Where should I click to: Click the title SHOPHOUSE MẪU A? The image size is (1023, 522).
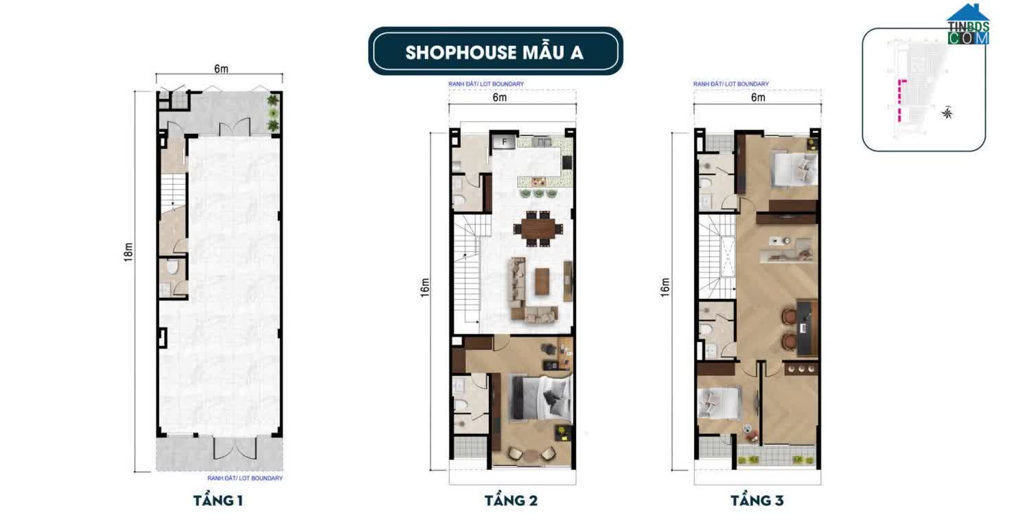pyautogui.click(x=494, y=52)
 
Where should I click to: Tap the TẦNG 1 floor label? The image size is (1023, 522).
pyautogui.click(x=218, y=500)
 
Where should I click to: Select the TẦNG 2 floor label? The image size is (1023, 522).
pyautogui.click(x=511, y=500)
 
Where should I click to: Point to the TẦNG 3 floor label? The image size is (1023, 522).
pyautogui.click(x=757, y=500)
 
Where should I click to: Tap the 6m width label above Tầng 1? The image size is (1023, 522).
pyautogui.click(x=220, y=69)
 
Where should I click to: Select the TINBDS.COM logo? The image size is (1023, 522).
pyautogui.click(x=968, y=25)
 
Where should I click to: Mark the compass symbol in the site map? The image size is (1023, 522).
pyautogui.click(x=947, y=113)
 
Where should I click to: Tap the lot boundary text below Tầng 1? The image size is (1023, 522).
pyautogui.click(x=244, y=478)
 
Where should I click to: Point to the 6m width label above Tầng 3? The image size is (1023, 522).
pyautogui.click(x=758, y=98)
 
